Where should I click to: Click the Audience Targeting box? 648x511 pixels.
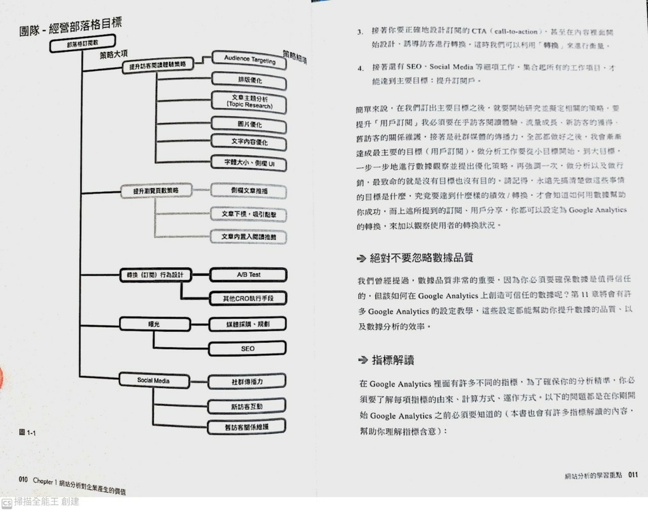[250, 60]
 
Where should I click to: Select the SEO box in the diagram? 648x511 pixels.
[247, 348]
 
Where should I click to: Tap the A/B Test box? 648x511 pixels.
[248, 275]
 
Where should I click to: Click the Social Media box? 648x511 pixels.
[153, 380]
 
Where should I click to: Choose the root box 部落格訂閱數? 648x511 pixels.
[83, 46]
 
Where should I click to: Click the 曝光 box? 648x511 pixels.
[154, 324]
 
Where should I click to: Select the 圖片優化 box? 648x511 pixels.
[249, 125]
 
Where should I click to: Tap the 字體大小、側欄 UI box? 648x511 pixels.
[249, 163]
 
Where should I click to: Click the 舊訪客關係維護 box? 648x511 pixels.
[247, 427]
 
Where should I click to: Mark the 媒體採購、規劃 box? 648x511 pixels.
[247, 324]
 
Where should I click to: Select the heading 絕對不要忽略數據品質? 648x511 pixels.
[421, 258]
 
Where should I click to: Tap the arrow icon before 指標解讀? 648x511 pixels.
[362, 360]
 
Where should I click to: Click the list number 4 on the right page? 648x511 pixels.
[359, 68]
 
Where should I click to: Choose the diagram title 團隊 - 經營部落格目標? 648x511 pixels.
[70, 27]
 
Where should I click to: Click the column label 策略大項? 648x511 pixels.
[114, 55]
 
